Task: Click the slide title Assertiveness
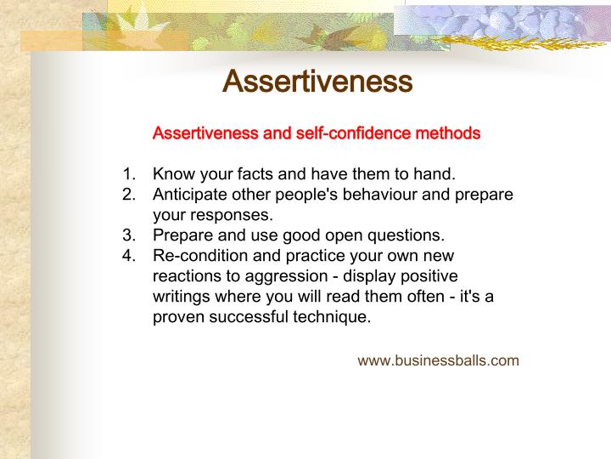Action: [317, 82]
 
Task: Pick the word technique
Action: [334, 317]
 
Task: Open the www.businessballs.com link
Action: [438, 360]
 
